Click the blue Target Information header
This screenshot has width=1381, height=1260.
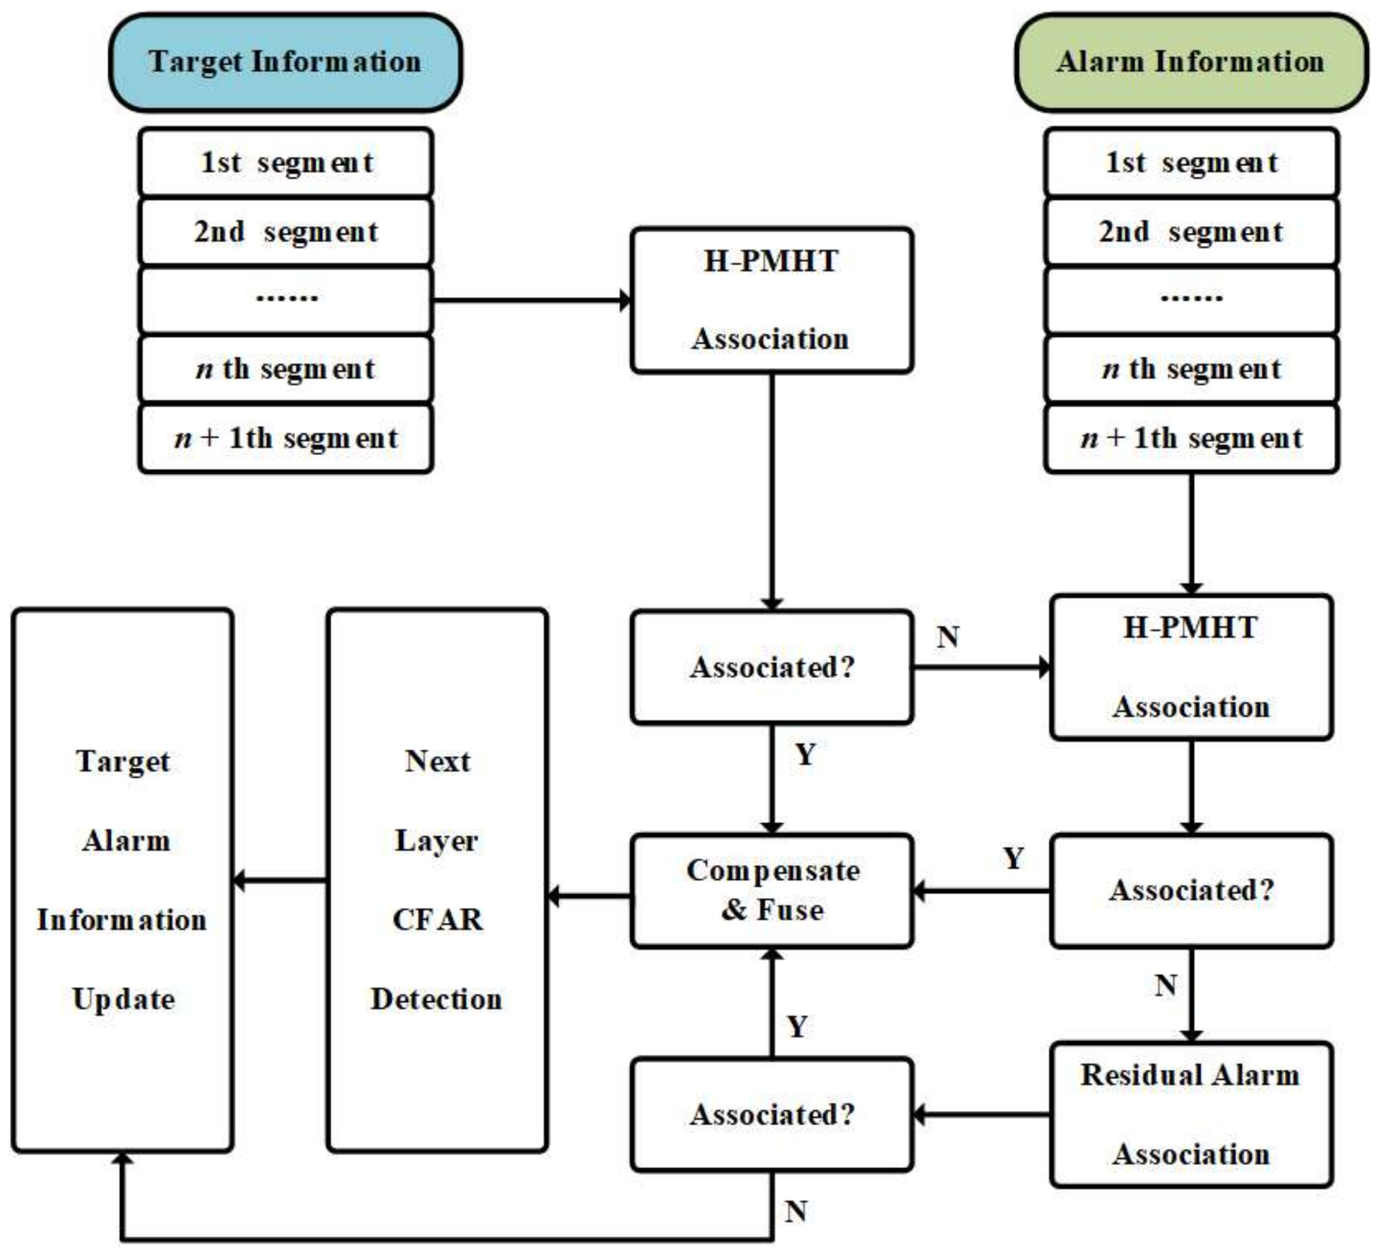pos(285,62)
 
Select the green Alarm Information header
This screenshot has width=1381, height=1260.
pos(1191,62)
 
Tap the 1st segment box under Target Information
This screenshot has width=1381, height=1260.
pos(285,163)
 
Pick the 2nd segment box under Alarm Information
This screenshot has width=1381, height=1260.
pos(1191,232)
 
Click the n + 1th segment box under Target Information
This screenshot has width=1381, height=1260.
pos(285,438)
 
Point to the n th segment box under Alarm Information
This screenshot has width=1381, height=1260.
pos(1191,369)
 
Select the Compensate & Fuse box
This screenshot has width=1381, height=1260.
pos(771,891)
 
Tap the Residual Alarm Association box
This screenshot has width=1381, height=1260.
pos(1191,1115)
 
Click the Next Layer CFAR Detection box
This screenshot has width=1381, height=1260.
pos(437,880)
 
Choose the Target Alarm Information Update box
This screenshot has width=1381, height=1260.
pos(123,880)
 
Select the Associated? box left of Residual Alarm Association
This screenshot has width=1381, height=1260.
pos(771,1115)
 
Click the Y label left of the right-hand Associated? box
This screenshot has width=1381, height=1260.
pos(1013,858)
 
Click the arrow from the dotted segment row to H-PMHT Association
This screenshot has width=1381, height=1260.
pos(532,300)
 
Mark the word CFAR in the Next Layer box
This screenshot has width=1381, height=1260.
pos(437,920)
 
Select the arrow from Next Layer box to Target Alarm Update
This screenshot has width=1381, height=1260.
pos(279,880)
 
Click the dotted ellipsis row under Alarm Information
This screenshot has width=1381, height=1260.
pos(1191,300)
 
